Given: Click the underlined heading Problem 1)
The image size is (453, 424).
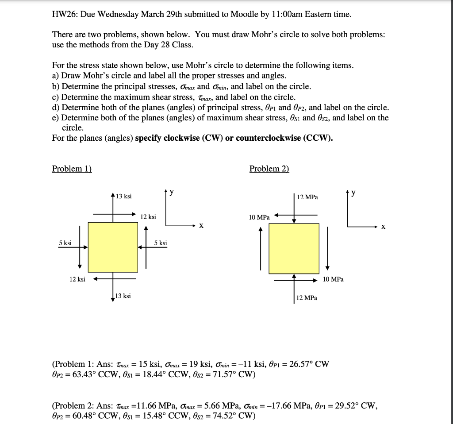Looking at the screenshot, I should coord(72,169).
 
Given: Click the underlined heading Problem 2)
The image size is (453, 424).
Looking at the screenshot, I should coord(269,169).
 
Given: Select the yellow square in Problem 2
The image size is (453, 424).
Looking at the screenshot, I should coord(294,248).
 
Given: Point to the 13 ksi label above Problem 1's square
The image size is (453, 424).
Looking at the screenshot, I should coord(123,196).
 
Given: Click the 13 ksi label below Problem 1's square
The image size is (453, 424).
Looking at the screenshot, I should coord(123,296).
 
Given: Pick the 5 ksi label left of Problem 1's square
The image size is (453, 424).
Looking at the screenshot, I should coord(65,243).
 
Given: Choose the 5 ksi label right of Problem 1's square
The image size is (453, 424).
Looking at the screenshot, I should coord(161,243).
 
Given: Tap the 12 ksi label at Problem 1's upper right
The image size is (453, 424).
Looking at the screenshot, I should coord(148,217).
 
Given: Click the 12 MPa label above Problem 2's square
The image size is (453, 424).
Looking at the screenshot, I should coord(307,197).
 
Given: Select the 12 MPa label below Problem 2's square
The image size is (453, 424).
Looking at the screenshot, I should coord(307,298).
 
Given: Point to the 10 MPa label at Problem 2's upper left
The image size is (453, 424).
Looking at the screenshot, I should coord(259,217).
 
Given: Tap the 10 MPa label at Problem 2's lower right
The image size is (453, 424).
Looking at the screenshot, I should coord(333,279).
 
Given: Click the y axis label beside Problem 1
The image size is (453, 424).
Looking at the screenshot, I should coord(172,192).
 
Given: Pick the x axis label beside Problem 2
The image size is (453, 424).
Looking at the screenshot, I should coord(383,227).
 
